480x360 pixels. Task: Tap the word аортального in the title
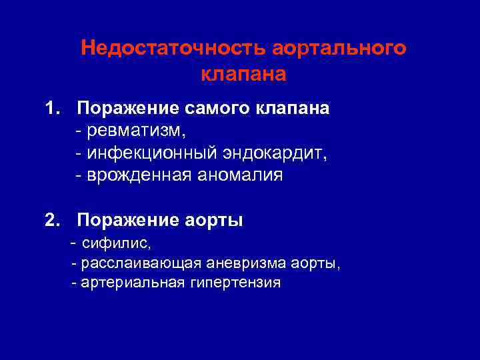[338, 49]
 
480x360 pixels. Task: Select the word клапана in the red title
[243, 73]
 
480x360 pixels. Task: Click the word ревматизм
[131, 130]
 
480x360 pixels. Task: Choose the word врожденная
[137, 175]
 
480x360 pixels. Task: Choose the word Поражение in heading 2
[126, 221]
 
